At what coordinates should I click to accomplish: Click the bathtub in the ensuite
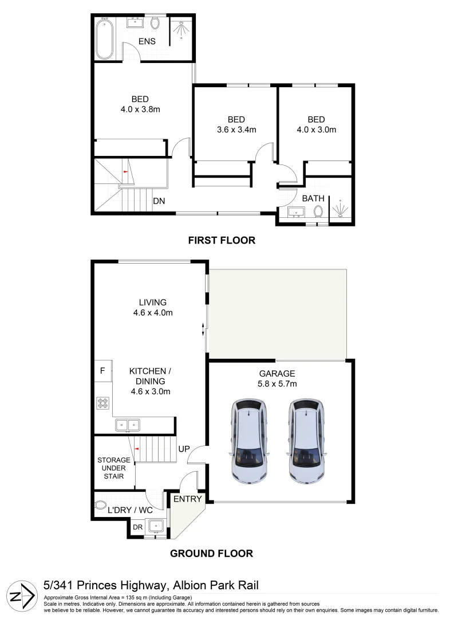(104, 38)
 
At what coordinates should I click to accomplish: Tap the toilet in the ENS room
(155, 23)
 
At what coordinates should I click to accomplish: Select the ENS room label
(147, 41)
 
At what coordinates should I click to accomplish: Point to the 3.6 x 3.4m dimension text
(236, 130)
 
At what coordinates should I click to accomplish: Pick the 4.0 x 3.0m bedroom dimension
(316, 130)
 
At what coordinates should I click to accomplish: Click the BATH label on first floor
(313, 198)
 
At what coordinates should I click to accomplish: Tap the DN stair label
(160, 201)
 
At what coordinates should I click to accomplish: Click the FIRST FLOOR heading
(222, 241)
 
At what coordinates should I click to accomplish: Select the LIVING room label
(152, 302)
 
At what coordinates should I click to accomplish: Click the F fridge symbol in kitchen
(102, 371)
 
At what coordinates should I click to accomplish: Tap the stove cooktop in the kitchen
(103, 403)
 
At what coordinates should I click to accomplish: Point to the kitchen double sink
(128, 425)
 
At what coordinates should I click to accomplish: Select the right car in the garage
(307, 440)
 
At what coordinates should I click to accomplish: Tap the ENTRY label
(188, 499)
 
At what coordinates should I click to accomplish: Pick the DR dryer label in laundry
(137, 527)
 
